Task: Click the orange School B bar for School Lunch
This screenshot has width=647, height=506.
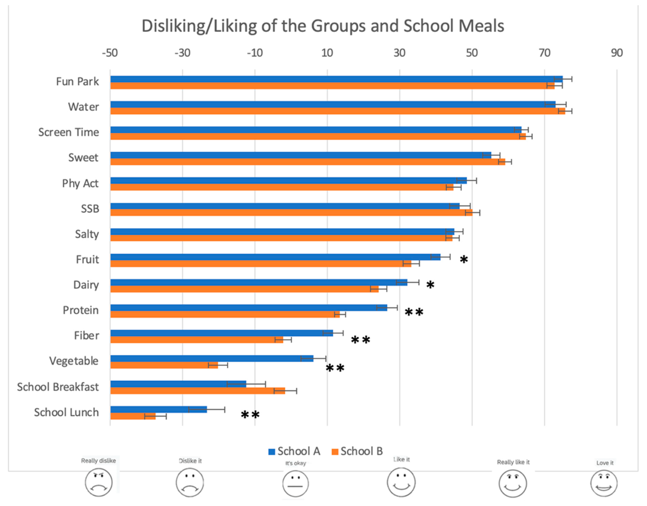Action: coord(133,416)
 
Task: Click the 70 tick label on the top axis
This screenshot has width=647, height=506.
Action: coord(544,53)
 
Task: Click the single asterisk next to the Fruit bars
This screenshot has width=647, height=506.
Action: coord(464,260)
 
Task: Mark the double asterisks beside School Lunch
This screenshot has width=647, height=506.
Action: coord(250,415)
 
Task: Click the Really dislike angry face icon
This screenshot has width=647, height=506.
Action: coord(99,482)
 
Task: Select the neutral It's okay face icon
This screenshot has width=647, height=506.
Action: coord(295,484)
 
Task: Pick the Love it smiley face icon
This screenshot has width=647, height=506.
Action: coord(604,484)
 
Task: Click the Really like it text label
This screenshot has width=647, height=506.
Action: coord(513,462)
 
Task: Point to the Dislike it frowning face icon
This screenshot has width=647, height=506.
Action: coord(190,482)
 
